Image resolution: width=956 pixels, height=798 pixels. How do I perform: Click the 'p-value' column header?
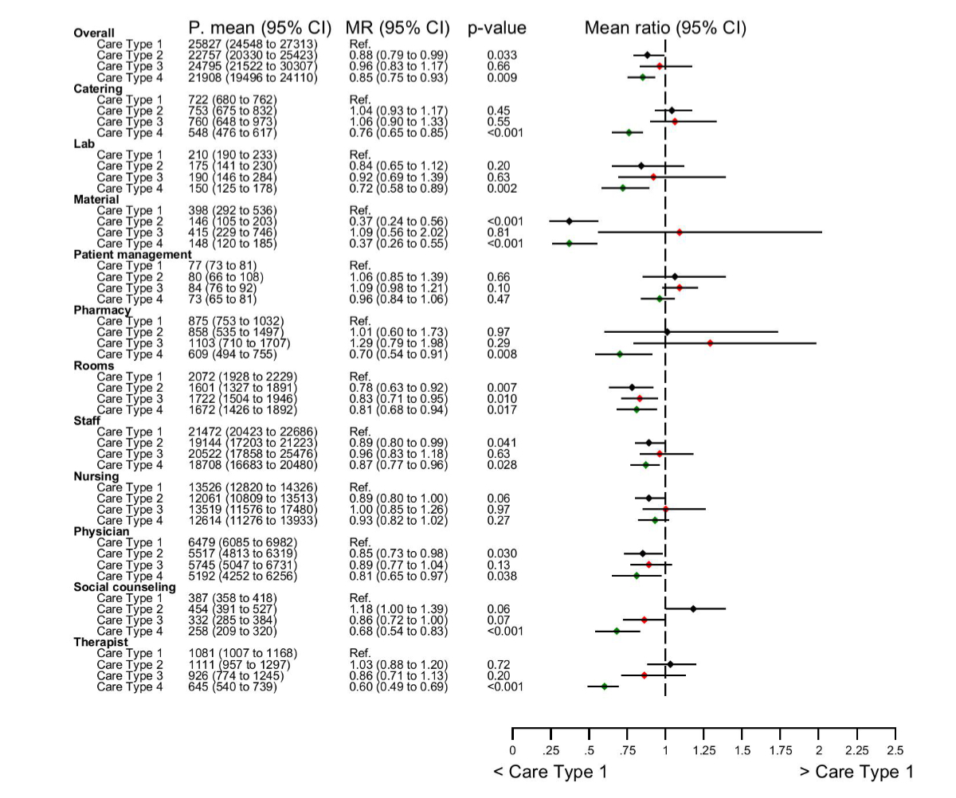(x=497, y=28)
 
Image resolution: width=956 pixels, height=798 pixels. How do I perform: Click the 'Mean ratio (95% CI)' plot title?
(x=665, y=28)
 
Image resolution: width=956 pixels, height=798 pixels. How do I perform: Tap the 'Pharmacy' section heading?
(x=102, y=310)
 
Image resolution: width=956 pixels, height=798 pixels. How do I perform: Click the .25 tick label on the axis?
(x=550, y=749)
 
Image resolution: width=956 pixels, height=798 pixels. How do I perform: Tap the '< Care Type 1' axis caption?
(x=550, y=772)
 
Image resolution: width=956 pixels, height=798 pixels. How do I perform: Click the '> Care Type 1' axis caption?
(x=856, y=772)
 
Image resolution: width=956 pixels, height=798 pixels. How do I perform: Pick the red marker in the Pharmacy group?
(x=710, y=343)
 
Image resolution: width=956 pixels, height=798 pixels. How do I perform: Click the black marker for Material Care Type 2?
(x=569, y=221)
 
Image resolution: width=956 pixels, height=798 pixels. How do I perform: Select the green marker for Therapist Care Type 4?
(x=605, y=687)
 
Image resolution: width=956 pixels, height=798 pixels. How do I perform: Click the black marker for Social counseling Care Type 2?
(x=693, y=609)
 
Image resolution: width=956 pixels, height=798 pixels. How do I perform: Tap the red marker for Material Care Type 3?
(x=680, y=233)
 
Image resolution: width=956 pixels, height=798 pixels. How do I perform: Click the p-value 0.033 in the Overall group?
(x=501, y=55)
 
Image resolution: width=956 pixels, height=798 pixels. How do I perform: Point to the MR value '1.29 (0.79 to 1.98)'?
(x=398, y=343)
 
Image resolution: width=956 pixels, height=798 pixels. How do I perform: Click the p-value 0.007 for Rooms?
(x=501, y=387)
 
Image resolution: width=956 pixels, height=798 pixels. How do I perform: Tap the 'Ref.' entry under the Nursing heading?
(x=360, y=487)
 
